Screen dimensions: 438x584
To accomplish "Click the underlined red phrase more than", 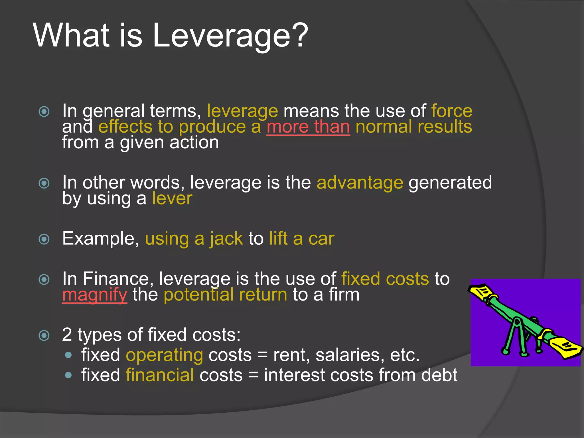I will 308,127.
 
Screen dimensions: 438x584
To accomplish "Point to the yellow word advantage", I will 360,182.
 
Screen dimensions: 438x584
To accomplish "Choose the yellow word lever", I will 172,198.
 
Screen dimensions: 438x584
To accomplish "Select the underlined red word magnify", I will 95,295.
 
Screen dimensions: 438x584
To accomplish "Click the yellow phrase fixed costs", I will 385,279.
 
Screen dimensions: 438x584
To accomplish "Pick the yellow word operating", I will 165,355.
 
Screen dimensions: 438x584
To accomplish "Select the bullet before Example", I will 44,239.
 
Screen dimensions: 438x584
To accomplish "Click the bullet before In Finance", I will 44,279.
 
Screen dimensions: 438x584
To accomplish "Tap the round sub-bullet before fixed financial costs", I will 68,375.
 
